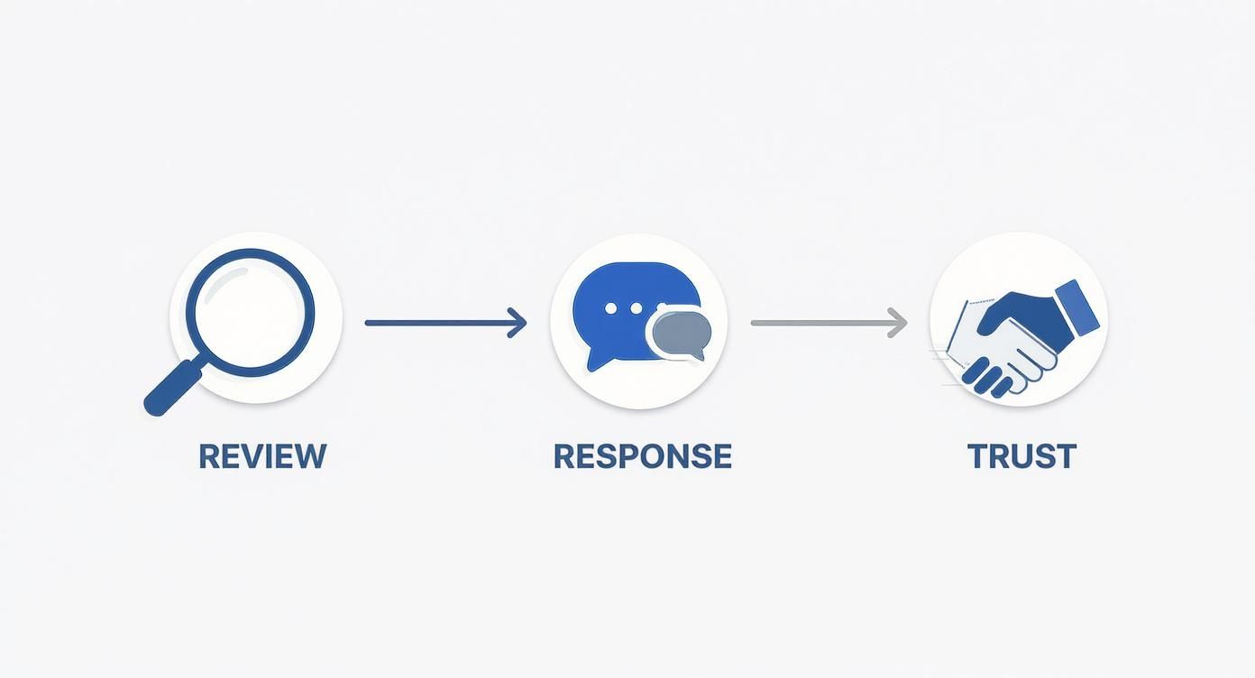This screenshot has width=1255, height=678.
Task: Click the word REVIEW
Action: [261, 456]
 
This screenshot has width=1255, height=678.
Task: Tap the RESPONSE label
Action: [642, 456]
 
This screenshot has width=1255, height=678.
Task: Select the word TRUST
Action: [1021, 456]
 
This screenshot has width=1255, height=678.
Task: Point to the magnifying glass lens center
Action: [251, 312]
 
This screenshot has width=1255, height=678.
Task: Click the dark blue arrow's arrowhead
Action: [518, 322]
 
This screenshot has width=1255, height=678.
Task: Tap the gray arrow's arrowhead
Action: [898, 322]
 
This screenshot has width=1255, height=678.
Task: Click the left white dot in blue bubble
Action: [611, 308]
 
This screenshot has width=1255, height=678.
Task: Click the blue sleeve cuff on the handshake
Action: [1076, 307]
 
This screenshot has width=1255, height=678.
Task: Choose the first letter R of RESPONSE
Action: [564, 456]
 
